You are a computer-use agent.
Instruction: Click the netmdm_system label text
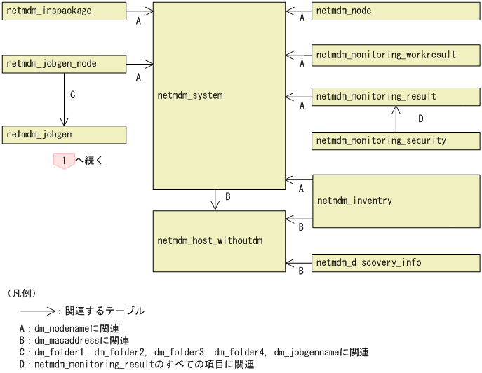[191, 94]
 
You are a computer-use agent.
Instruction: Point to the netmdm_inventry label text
[354, 201]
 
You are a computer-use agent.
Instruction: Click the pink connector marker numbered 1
[64, 161]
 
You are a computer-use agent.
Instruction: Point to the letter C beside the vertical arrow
[73, 92]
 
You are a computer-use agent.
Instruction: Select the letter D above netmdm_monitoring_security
[420, 118]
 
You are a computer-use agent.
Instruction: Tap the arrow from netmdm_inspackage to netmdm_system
[139, 11]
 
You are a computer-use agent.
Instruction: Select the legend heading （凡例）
[21, 292]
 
